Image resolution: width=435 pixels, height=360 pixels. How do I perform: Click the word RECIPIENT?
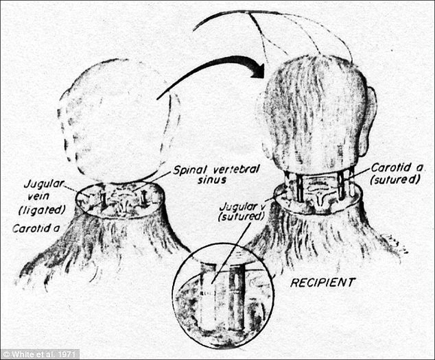pyautogui.click(x=322, y=283)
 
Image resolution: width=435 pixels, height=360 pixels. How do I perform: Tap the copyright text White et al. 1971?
pyautogui.click(x=39, y=355)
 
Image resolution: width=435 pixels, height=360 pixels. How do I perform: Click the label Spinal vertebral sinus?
pyautogui.click(x=216, y=175)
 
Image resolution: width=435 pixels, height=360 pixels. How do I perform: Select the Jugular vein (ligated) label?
pyautogui.click(x=42, y=197)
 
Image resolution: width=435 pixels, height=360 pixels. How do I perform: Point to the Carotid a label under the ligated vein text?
pyautogui.click(x=36, y=228)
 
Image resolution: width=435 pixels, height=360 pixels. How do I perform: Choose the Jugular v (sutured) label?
pyautogui.click(x=241, y=211)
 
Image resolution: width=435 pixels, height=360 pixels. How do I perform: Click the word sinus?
pyautogui.click(x=212, y=180)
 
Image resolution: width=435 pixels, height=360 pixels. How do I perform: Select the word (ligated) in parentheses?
pyautogui.click(x=42, y=210)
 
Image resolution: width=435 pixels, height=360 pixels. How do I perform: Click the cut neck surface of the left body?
pyautogui.click(x=120, y=200)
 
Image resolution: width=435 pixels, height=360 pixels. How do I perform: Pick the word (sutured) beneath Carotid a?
pyautogui.click(x=395, y=180)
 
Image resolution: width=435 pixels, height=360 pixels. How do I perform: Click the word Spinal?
pyautogui.click(x=191, y=170)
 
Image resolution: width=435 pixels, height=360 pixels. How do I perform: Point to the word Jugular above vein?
pyautogui.click(x=44, y=184)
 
